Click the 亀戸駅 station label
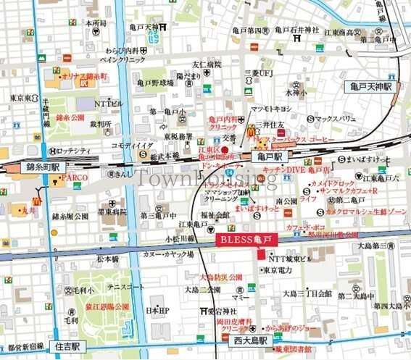(x=270, y=155)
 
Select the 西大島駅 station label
(x=249, y=340)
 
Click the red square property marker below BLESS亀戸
(x=260, y=254)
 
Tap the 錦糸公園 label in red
(x=70, y=117)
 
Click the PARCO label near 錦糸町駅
(x=75, y=177)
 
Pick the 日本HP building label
(x=158, y=311)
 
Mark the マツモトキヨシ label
(x=270, y=109)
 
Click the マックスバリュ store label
(x=336, y=118)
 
